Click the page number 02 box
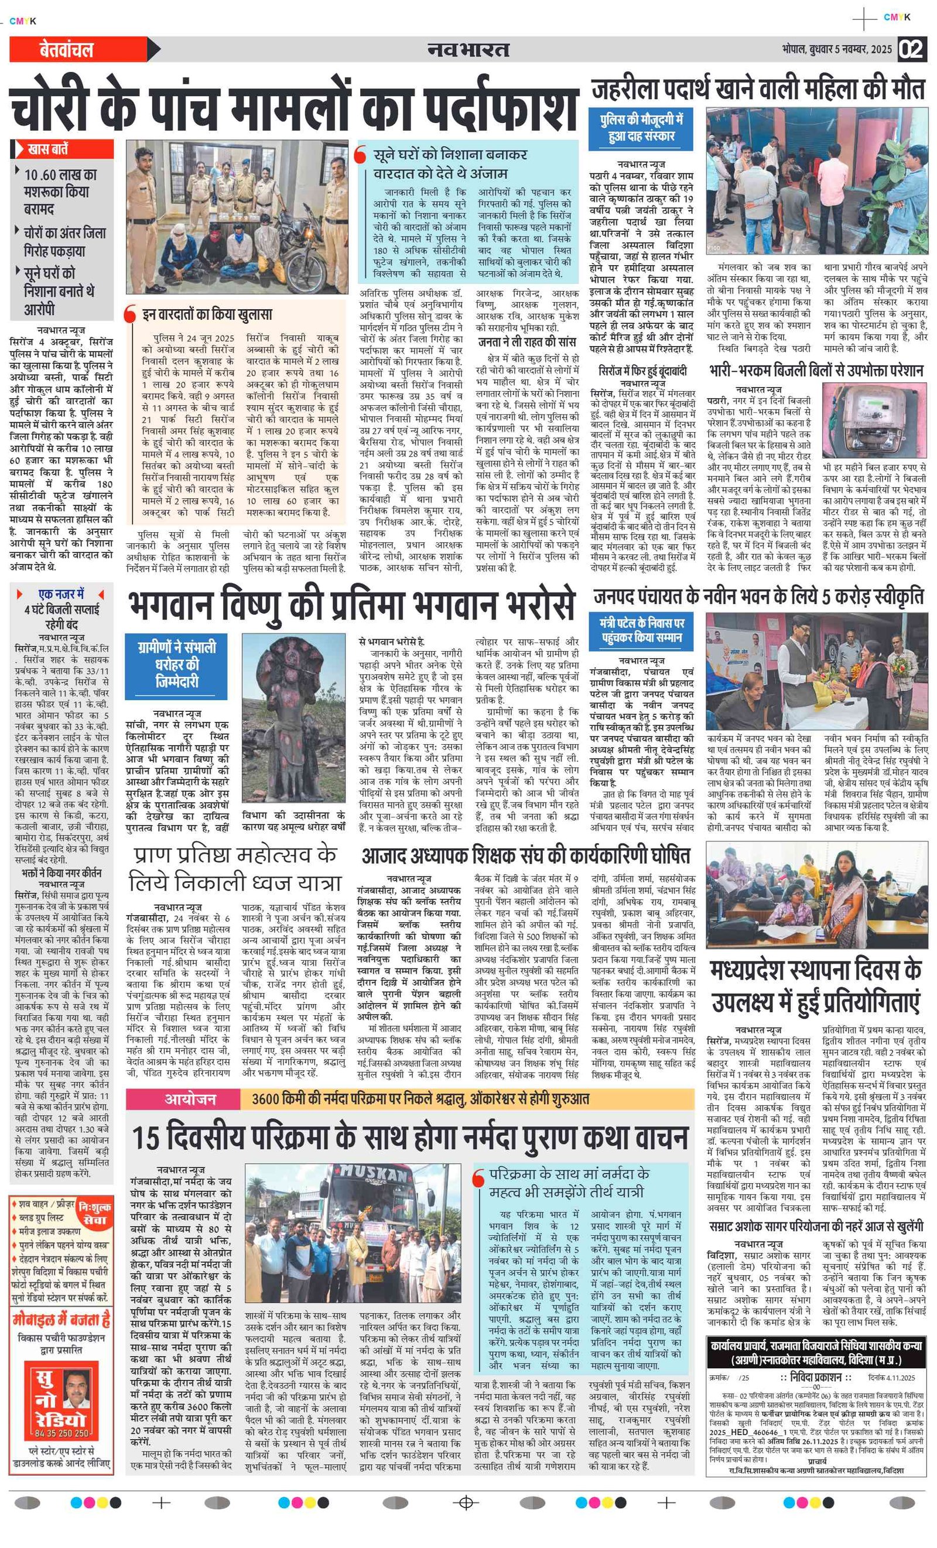tap(912, 49)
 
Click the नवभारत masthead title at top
tap(468, 49)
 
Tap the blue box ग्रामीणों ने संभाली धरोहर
tap(177, 663)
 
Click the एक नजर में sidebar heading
tap(61, 594)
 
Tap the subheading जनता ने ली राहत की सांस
tap(526, 342)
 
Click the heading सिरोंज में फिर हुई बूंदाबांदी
tap(642, 371)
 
